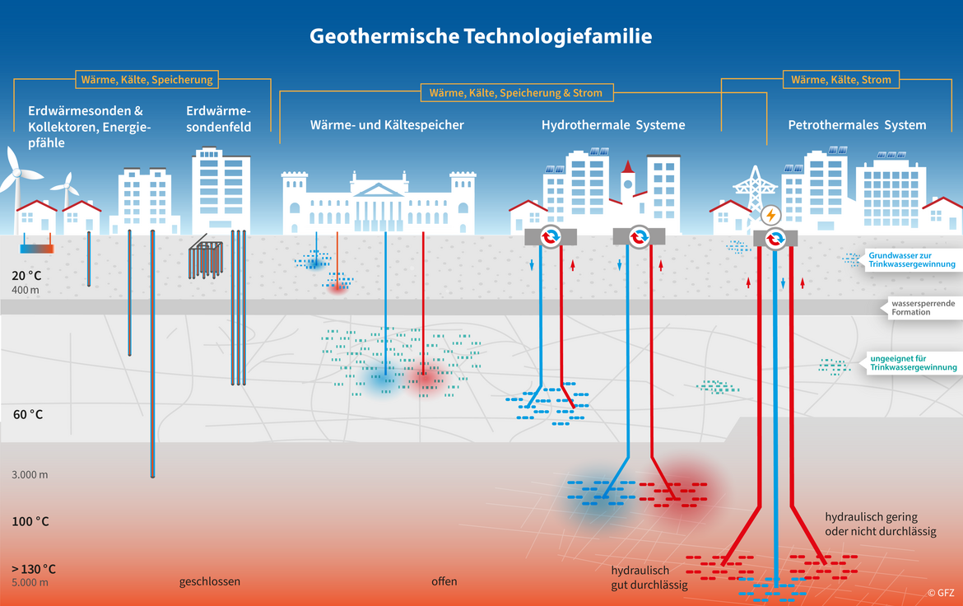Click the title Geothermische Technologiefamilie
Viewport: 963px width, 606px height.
pyautogui.click(x=481, y=37)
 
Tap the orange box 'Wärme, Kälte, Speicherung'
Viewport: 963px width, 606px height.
pyautogui.click(x=147, y=80)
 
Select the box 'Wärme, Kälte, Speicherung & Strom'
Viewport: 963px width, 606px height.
pyautogui.click(x=515, y=93)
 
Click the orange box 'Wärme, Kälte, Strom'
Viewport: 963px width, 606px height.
pyautogui.click(x=840, y=80)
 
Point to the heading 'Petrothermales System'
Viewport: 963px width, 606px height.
pyautogui.click(x=857, y=125)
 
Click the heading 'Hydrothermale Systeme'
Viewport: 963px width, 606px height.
pyautogui.click(x=613, y=125)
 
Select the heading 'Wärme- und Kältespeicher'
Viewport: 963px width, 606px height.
pyautogui.click(x=387, y=125)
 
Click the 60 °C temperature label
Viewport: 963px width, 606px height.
pyautogui.click(x=28, y=414)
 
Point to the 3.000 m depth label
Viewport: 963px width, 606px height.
pyautogui.click(x=30, y=475)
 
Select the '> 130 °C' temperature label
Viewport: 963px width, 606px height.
pyautogui.click(x=34, y=569)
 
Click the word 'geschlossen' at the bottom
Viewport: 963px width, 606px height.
pyautogui.click(x=210, y=581)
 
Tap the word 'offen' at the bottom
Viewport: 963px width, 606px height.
pyautogui.click(x=444, y=581)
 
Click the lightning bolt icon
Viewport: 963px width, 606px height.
pyautogui.click(x=771, y=216)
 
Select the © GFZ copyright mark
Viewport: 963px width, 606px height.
pyautogui.click(x=942, y=592)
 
